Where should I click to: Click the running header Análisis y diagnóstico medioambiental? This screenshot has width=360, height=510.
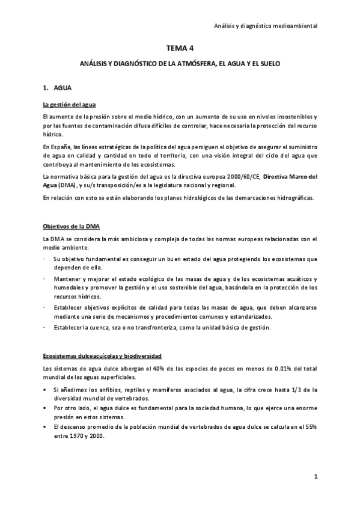(266, 26)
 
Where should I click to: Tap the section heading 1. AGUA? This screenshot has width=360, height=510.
(59, 87)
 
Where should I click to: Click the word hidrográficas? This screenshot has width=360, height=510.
(289, 199)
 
